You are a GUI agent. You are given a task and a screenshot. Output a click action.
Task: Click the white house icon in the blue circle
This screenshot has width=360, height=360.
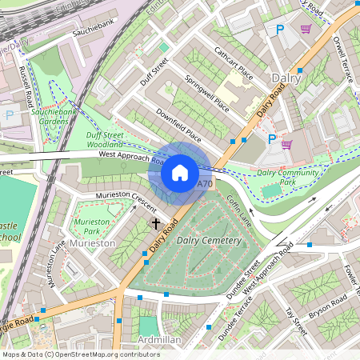(x=180, y=173)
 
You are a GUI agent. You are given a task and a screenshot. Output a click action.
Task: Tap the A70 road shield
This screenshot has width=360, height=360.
(x=206, y=184)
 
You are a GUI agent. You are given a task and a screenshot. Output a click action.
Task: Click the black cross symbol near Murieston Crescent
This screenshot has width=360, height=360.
(x=156, y=225)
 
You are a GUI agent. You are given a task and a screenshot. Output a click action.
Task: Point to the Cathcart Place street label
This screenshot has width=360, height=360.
(x=234, y=64)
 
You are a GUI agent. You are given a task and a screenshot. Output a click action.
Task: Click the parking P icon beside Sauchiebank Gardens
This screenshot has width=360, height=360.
(x=9, y=114)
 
